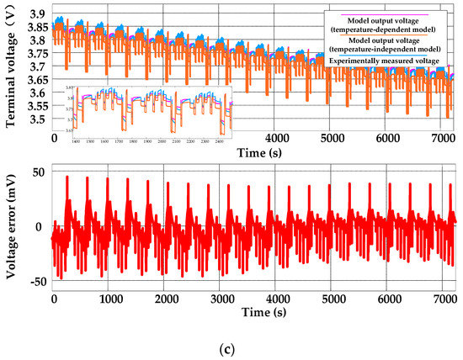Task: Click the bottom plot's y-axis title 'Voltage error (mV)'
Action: (x=12, y=226)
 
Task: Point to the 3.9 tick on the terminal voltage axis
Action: (x=37, y=16)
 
